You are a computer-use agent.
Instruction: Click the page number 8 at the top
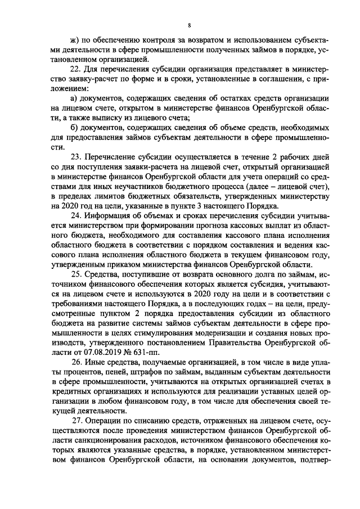click(190, 25)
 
